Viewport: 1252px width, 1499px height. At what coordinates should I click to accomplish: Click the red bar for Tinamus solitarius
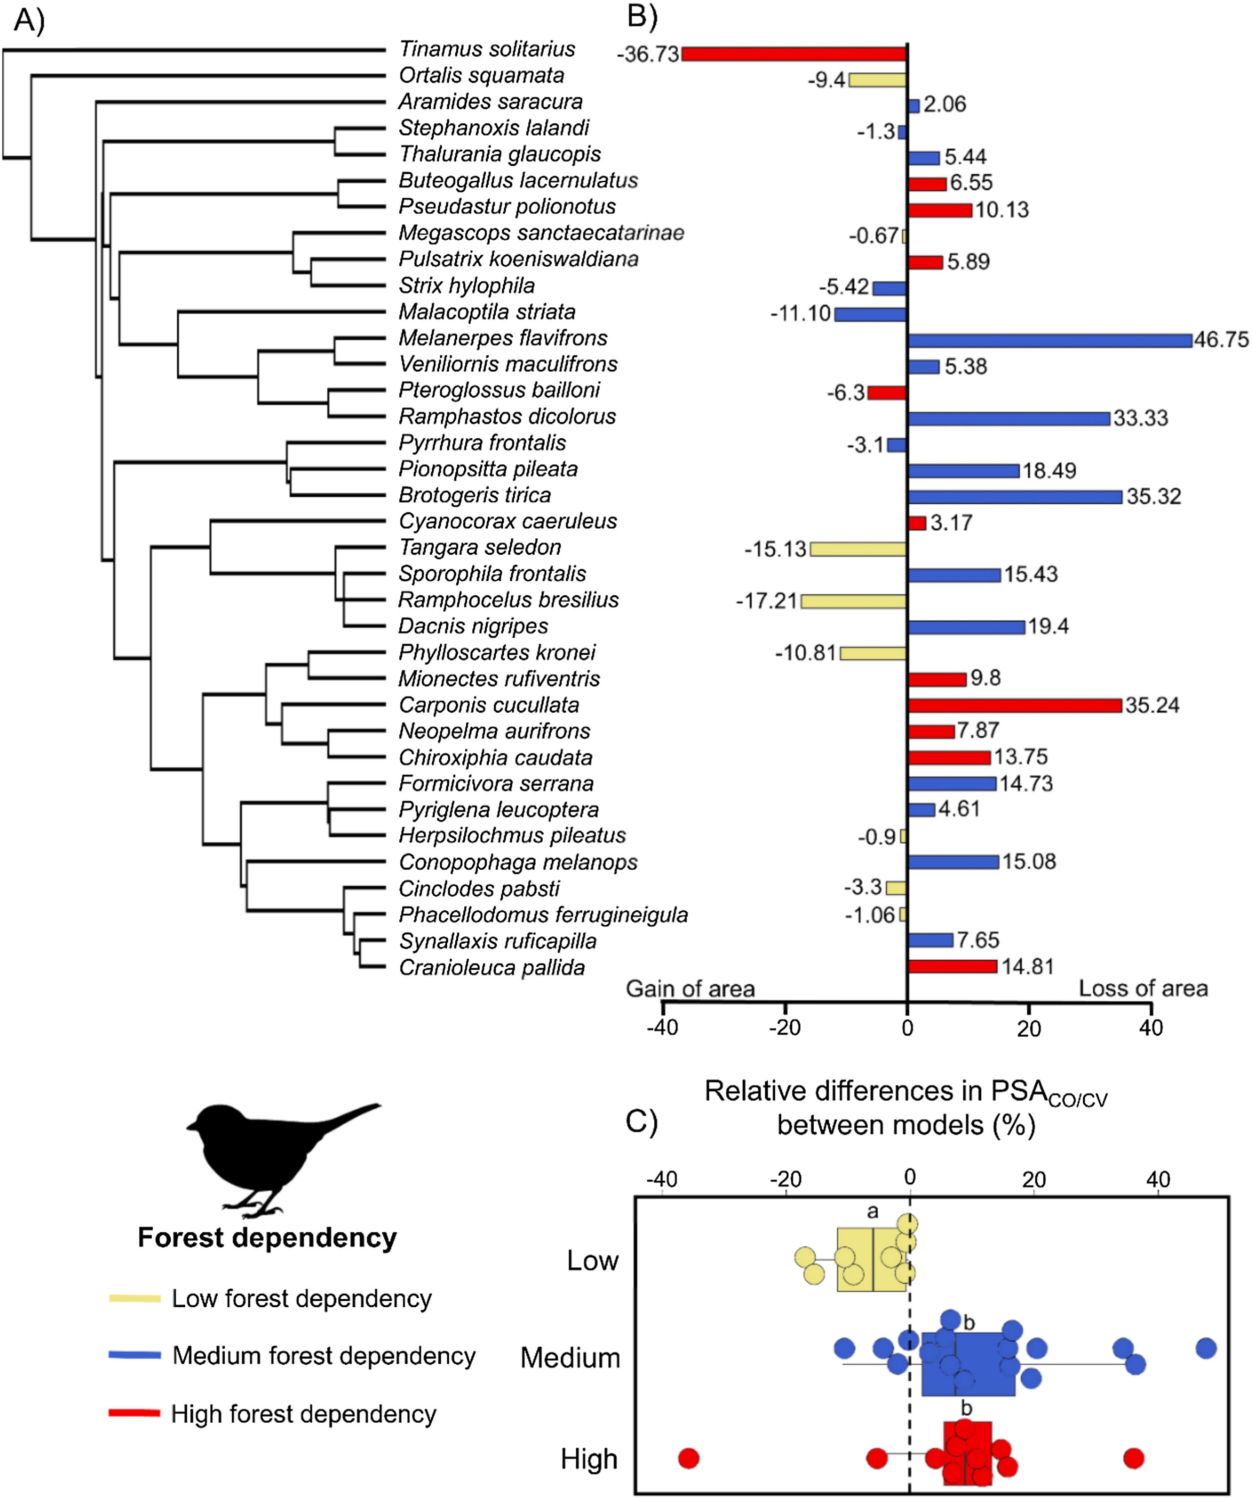[x=794, y=53]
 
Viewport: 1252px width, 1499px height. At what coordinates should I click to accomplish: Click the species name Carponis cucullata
[x=489, y=705]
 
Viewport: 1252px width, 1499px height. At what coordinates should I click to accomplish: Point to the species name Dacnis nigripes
[x=473, y=626]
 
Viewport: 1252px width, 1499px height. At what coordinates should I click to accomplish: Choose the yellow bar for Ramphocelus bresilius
[x=853, y=601]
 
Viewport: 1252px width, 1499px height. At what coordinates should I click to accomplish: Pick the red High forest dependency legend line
[x=134, y=1413]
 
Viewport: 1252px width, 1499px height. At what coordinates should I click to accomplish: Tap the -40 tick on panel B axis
[x=662, y=1028]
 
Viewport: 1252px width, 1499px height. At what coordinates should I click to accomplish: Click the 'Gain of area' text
[x=690, y=989]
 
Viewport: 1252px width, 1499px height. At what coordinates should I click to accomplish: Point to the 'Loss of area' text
[x=1143, y=989]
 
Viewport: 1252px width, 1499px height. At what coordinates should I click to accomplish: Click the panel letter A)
[x=28, y=20]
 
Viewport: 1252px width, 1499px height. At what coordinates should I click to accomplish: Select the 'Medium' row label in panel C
[x=570, y=1358]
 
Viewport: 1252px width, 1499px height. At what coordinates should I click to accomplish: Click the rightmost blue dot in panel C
[x=1206, y=1348]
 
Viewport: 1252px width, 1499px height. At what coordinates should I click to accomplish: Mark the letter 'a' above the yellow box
[x=872, y=1211]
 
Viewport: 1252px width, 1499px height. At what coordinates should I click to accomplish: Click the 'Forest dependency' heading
[x=267, y=1237]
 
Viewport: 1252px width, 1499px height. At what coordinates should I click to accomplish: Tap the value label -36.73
[x=647, y=54]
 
